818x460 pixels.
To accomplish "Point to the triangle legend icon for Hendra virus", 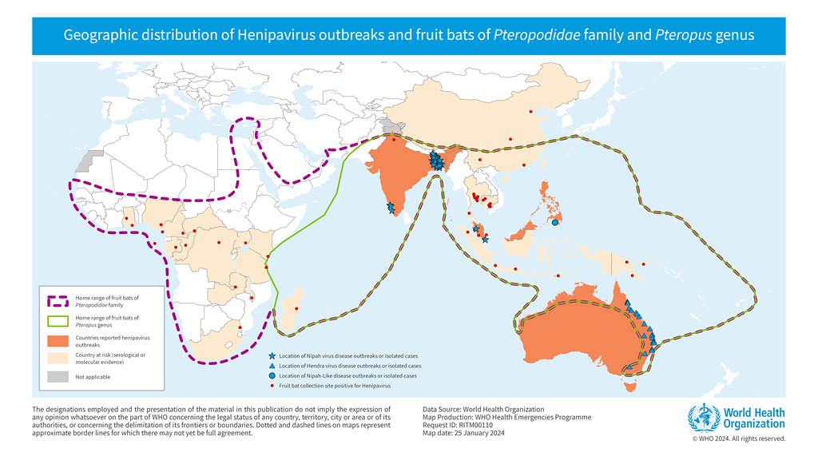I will point(272,366).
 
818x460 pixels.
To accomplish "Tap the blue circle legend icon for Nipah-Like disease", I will point(272,375).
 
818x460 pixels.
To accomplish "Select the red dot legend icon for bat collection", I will point(272,386).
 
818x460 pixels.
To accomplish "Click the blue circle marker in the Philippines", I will point(554,223).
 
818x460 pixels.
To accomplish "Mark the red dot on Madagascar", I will point(297,309).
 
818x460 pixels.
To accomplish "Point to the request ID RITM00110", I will point(471,426).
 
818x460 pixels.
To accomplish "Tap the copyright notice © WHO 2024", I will point(738,438).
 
